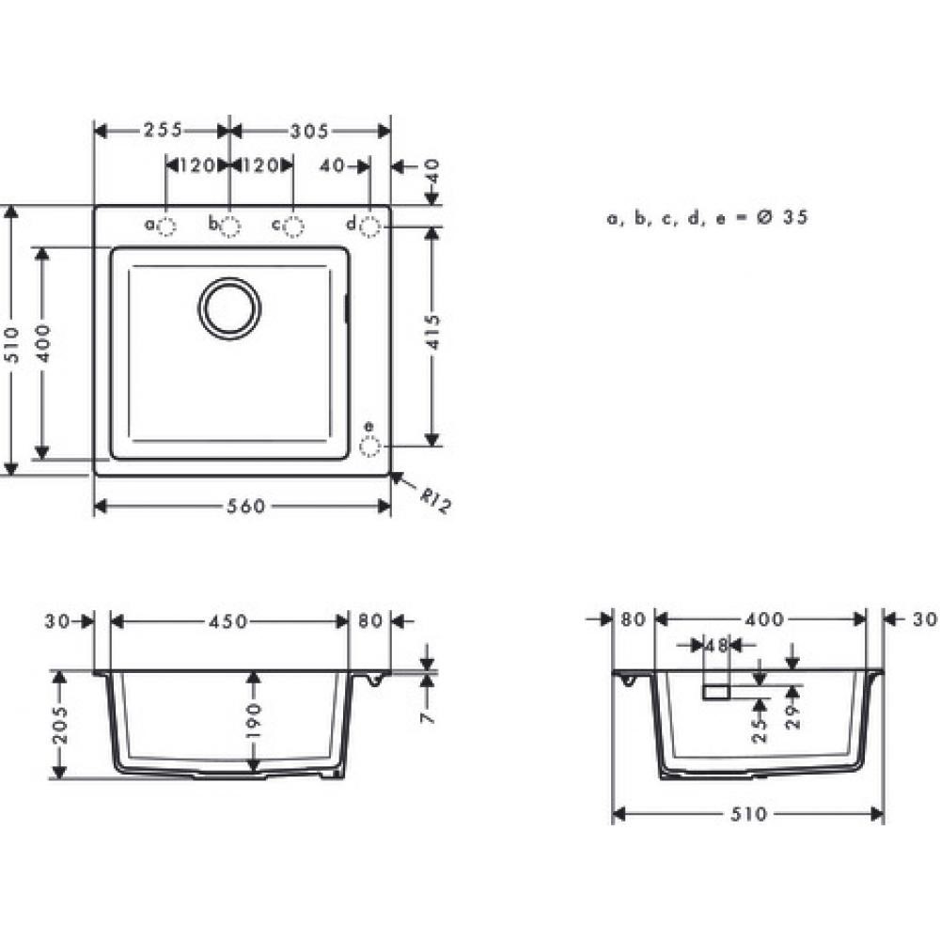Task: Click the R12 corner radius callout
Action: click(x=434, y=503)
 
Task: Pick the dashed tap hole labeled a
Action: click(x=166, y=226)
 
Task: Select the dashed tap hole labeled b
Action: click(x=230, y=226)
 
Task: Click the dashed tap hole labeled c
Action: click(x=294, y=226)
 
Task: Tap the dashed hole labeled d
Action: click(x=369, y=226)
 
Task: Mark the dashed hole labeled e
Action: click(x=369, y=446)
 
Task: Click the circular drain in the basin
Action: click(x=229, y=306)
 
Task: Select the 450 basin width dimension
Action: click(x=228, y=621)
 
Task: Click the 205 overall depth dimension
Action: click(x=60, y=724)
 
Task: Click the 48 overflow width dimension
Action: click(x=716, y=645)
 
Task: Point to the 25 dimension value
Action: click(x=760, y=726)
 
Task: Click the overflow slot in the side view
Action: click(x=716, y=693)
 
